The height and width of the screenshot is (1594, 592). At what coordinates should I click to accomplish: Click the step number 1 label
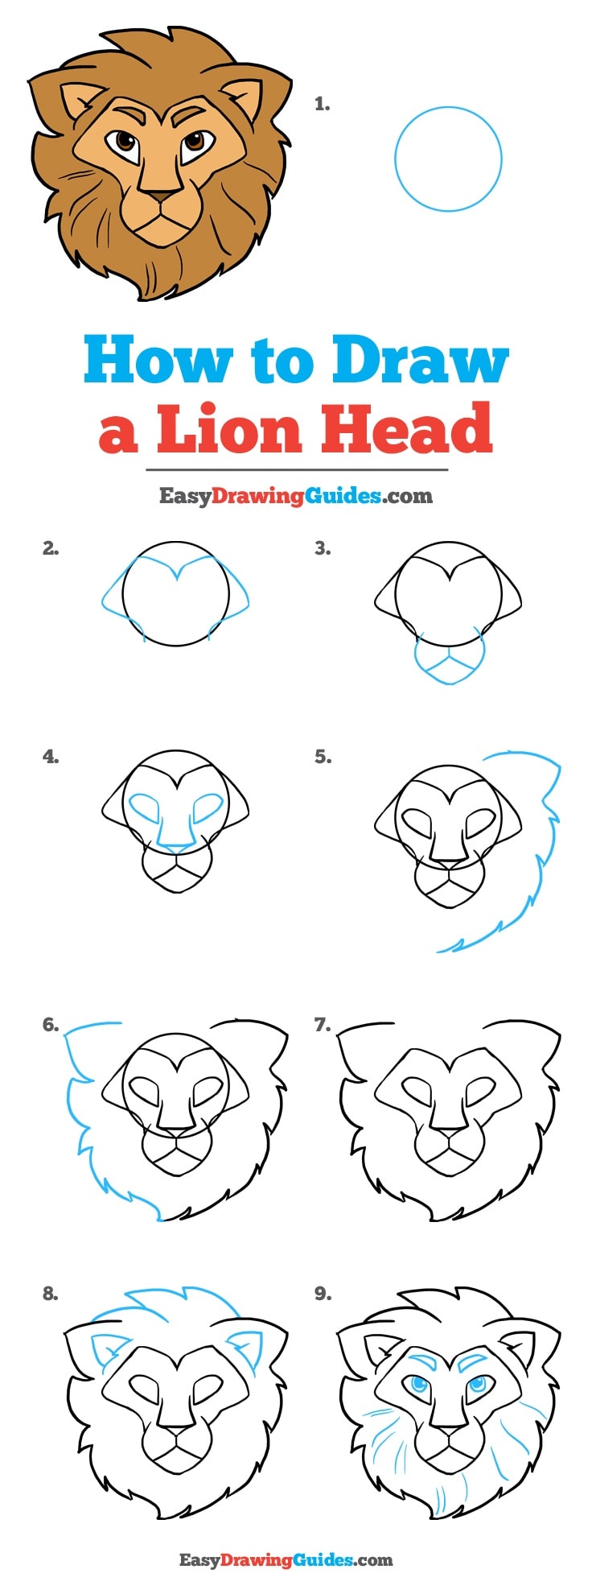322,104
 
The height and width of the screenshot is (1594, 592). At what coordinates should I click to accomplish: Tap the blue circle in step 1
448,159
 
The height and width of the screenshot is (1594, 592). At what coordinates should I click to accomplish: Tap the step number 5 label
323,757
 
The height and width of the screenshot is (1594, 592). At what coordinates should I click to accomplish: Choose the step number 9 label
323,1294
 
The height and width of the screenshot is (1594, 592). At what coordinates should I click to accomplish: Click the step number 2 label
51,549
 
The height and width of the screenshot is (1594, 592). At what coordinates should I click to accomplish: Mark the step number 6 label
51,1025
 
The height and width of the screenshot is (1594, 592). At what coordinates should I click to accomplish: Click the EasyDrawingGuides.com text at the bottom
286,1559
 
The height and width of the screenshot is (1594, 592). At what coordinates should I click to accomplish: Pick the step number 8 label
51,1294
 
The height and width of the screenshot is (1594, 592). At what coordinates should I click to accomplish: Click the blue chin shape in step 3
450,662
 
